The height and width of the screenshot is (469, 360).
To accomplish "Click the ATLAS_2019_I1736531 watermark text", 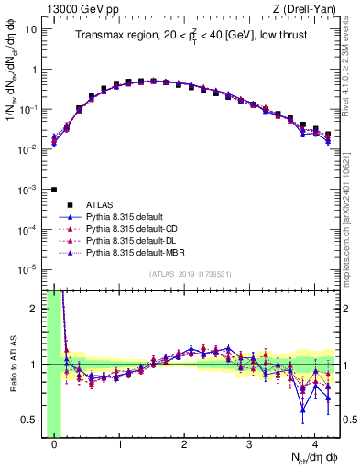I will pyautogui.click(x=191, y=276).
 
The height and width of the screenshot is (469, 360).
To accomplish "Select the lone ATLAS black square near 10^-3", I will pyautogui.click(x=54, y=190).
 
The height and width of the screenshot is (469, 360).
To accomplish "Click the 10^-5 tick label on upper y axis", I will pyautogui.click(x=30, y=269).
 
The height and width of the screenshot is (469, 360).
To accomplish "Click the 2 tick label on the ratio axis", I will pyautogui.click(x=36, y=309).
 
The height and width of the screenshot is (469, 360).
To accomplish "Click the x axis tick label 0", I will pyautogui.click(x=54, y=446).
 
